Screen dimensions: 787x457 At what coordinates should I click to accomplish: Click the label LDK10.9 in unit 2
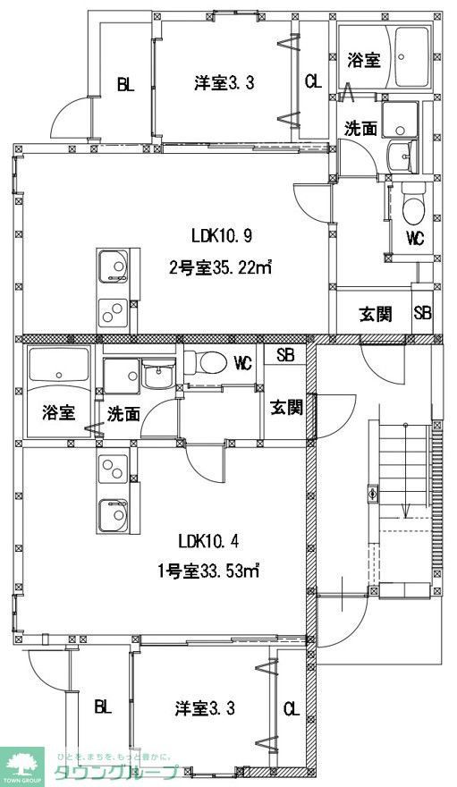(223, 236)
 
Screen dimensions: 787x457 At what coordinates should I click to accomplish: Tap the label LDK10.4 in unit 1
(209, 540)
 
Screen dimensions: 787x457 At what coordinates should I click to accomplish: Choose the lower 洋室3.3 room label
(205, 708)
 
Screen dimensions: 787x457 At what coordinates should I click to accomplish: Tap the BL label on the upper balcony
(124, 85)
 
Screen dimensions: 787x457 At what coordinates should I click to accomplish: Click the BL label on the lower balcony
(103, 707)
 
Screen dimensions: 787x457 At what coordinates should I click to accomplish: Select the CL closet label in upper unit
(312, 82)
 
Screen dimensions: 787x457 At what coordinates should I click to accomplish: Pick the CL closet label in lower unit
(292, 709)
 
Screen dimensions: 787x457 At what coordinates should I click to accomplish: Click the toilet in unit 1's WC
(205, 361)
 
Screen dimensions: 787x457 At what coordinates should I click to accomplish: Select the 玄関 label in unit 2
(376, 314)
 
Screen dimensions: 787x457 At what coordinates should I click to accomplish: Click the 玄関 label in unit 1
(286, 408)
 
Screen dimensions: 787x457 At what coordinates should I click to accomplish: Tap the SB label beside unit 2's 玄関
(422, 314)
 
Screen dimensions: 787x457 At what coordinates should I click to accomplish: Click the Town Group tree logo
(23, 762)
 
